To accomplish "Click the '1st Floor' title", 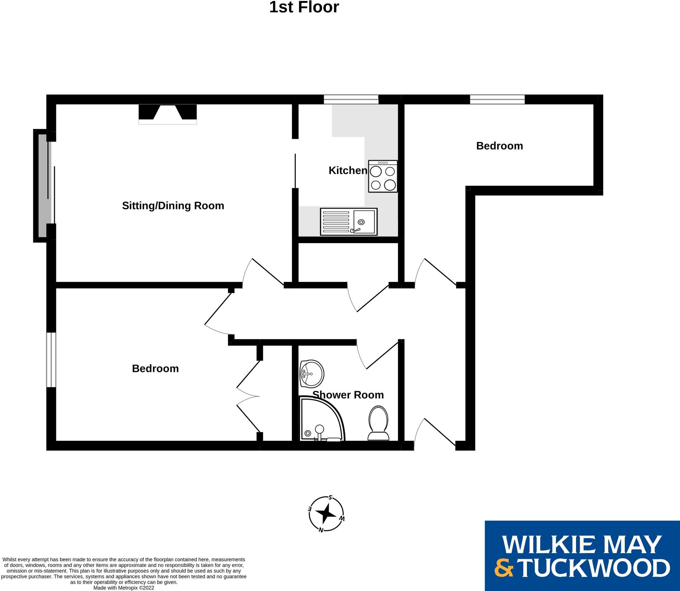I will click(304, 8).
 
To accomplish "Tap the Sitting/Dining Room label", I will click(173, 205).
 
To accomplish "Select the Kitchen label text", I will click(348, 170).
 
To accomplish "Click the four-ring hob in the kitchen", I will click(383, 176).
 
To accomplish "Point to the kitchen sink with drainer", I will click(348, 222).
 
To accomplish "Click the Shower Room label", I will click(348, 395).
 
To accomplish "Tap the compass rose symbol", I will click(326, 514).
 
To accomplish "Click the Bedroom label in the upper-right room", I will click(499, 146).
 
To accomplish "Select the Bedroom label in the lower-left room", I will click(155, 369).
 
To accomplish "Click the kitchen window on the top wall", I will click(351, 99).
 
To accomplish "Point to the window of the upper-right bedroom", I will click(497, 99).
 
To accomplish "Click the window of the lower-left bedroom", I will click(51, 360).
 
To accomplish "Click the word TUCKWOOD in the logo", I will click(593, 568).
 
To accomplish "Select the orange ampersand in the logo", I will click(504, 568).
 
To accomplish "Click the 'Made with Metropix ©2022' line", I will click(124, 588).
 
